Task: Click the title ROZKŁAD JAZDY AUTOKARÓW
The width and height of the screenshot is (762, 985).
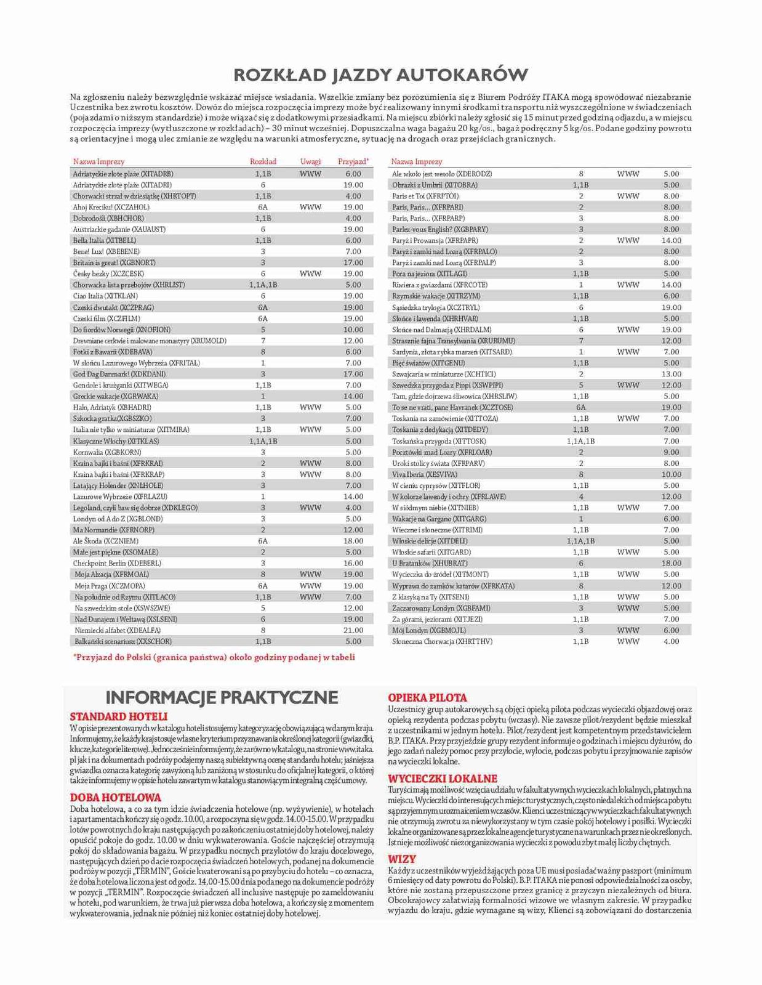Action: coord(380,75)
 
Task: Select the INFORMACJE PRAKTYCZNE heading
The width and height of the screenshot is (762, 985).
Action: coord(222,697)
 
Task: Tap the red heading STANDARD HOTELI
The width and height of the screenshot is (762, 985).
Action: coord(119,716)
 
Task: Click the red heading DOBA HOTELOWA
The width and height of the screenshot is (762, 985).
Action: coord(116,797)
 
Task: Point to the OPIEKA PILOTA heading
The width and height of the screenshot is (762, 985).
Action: coord(427,697)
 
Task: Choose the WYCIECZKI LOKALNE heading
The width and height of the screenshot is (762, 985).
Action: coord(443,778)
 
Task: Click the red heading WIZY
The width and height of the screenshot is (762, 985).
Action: coord(402,859)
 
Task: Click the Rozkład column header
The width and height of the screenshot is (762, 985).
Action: coord(263,161)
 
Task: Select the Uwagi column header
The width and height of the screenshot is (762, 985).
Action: coord(310,161)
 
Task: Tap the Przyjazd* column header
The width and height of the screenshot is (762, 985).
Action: coord(353,161)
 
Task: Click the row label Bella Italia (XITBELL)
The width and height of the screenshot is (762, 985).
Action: coord(105,240)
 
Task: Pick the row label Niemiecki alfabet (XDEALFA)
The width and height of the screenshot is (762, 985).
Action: coord(117,630)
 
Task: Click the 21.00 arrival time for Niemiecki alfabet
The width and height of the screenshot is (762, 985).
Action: coord(353,630)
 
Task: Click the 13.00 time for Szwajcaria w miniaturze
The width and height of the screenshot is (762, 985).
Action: coord(671,374)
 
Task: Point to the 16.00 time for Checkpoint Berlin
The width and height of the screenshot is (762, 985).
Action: coord(353,563)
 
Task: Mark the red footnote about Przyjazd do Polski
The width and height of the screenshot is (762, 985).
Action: coord(214,657)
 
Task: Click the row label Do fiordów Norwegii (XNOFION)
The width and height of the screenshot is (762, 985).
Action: coord(122,330)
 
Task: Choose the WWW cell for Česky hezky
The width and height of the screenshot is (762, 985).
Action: coord(310,274)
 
